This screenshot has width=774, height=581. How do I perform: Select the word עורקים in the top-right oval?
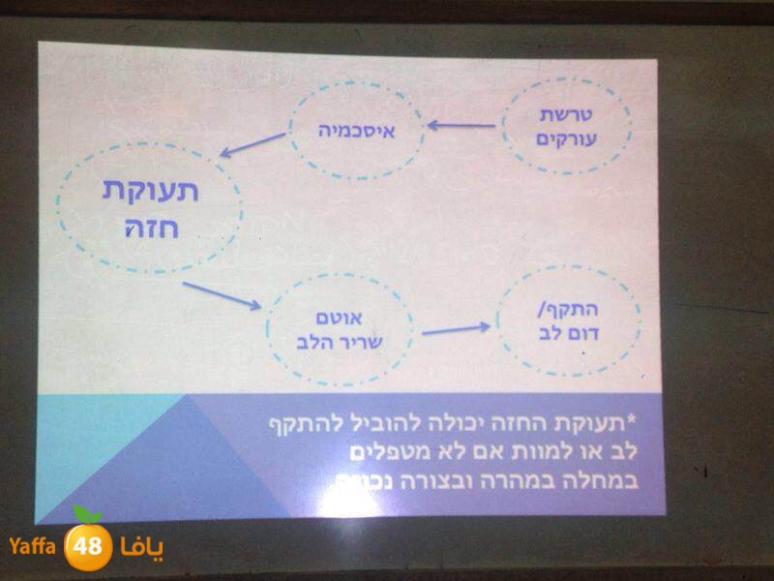pyautogui.click(x=566, y=138)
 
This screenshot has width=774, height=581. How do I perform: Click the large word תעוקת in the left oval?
pyautogui.click(x=149, y=191)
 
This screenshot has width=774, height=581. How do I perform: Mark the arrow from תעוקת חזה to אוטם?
pyautogui.click(x=222, y=295)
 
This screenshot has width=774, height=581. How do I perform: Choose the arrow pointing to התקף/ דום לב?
pyautogui.click(x=456, y=329)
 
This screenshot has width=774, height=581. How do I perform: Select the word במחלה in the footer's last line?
pyautogui.click(x=607, y=481)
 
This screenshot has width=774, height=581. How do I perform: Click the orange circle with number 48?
pyautogui.click(x=88, y=546)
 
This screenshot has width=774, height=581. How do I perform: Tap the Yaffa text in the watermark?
pyautogui.click(x=35, y=547)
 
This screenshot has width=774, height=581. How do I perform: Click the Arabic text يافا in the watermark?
pyautogui.click(x=141, y=547)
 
